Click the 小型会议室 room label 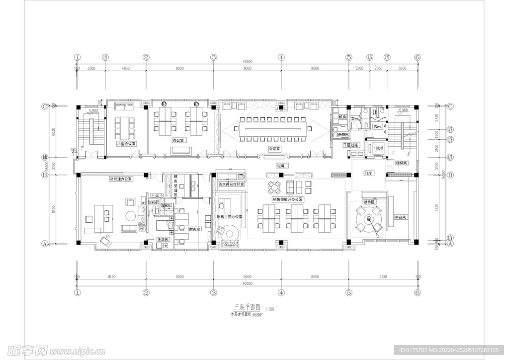126,143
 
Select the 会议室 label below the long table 274,148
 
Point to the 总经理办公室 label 120,179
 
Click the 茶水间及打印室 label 231,184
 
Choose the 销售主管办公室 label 229,217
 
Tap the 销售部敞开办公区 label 287,199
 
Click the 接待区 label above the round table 368,202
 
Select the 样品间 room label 401,217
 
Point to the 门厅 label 368,174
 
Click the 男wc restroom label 377,127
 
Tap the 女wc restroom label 355,119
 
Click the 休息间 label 164,239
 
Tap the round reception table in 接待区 368,219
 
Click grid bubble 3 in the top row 213,57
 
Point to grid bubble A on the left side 44,244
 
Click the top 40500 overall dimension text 247,62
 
